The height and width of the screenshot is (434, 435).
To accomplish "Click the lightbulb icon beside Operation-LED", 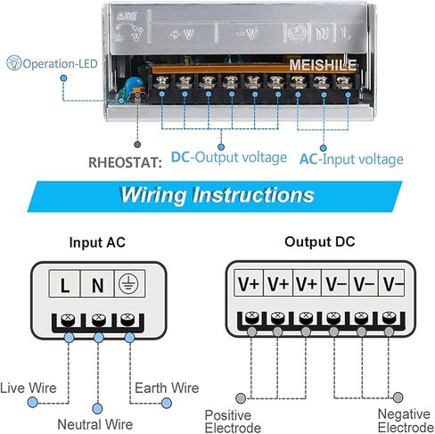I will pos(13,64).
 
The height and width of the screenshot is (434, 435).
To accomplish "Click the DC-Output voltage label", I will pos(229,158).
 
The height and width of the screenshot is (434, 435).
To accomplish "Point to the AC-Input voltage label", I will pos(349,158).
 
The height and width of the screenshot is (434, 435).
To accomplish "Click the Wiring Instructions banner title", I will pos(217,194).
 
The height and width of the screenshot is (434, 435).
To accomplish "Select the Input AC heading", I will pos(98,242).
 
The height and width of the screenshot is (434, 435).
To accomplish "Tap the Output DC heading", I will pos(320,242).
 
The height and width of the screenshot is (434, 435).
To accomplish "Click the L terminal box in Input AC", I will pos(65,286).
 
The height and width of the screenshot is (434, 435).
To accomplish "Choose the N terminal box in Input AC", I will pos(97,286).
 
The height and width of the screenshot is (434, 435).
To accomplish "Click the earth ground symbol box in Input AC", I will pos(128,286).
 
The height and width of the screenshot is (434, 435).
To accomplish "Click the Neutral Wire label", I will pos(95,424).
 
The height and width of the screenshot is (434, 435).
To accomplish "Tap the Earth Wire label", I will pos(167,388).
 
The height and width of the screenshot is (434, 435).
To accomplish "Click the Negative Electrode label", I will pos(403,422).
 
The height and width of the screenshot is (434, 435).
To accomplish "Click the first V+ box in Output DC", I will pos(249,285).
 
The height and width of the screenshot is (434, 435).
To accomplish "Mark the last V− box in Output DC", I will pos(392,285).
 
